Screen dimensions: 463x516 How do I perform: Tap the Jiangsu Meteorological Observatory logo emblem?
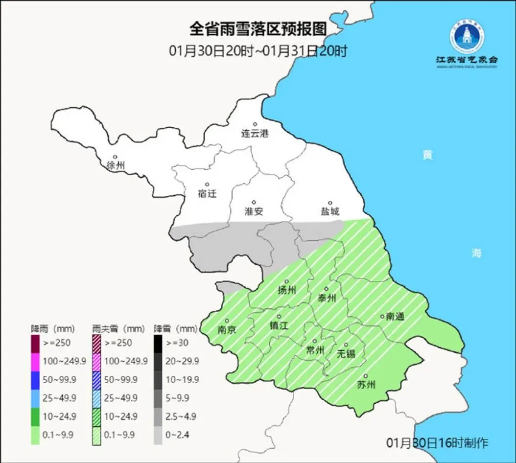(467, 38)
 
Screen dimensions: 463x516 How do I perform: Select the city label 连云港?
(255, 133)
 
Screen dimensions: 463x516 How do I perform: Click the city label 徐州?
(116, 165)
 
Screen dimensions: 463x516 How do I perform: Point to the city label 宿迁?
(207, 193)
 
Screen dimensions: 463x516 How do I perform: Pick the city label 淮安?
(254, 211)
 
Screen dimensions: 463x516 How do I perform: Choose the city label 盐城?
(330, 211)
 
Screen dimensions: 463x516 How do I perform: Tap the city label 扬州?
(287, 290)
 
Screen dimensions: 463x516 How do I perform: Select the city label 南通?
(395, 317)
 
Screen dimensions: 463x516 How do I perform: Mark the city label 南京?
(227, 329)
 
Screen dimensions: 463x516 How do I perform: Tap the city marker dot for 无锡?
(346, 345)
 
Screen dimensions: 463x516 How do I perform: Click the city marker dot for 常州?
(315, 342)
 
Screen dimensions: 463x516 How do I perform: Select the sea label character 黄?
(427, 155)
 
